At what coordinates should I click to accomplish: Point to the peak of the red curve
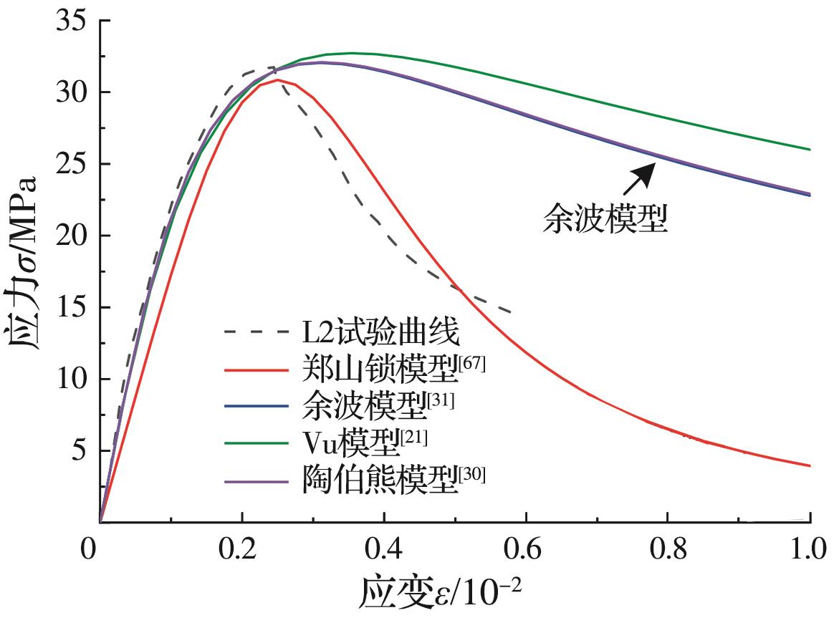[x=277, y=79]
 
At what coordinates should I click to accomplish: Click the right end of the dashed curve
[x=511, y=312]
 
